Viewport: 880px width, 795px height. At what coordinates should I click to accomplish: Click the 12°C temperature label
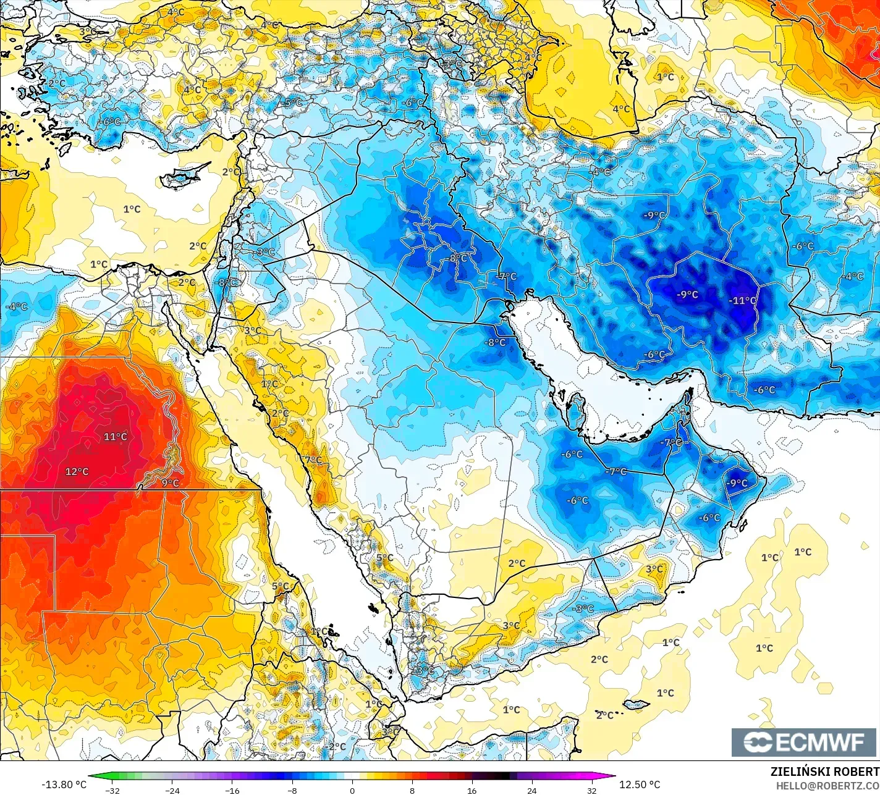pyautogui.click(x=77, y=471)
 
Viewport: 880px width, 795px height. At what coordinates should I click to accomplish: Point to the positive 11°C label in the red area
pyautogui.click(x=115, y=437)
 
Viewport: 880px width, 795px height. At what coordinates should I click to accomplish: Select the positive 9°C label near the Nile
pyautogui.click(x=170, y=483)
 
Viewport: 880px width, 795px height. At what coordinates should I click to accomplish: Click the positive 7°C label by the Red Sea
pyautogui.click(x=313, y=460)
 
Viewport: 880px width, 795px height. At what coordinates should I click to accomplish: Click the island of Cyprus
pyautogui.click(x=180, y=177)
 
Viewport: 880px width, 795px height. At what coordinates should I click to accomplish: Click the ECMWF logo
pyautogui.click(x=805, y=742)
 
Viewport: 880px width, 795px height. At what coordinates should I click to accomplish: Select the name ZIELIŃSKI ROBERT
pyautogui.click(x=824, y=772)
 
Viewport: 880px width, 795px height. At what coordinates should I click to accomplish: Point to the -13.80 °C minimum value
pyautogui.click(x=64, y=784)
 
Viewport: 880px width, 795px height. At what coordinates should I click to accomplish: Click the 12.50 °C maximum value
pyautogui.click(x=640, y=784)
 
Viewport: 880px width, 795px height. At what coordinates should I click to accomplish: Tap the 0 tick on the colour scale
pyautogui.click(x=352, y=790)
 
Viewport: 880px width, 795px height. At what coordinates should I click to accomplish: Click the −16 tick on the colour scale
pyautogui.click(x=232, y=790)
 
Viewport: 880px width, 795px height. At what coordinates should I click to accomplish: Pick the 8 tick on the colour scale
pyautogui.click(x=412, y=790)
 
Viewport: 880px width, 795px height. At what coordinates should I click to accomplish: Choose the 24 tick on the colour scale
pyautogui.click(x=532, y=790)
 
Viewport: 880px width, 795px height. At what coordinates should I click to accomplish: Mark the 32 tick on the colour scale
pyautogui.click(x=592, y=790)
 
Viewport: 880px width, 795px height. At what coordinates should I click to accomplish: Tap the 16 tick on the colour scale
pyautogui.click(x=472, y=790)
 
